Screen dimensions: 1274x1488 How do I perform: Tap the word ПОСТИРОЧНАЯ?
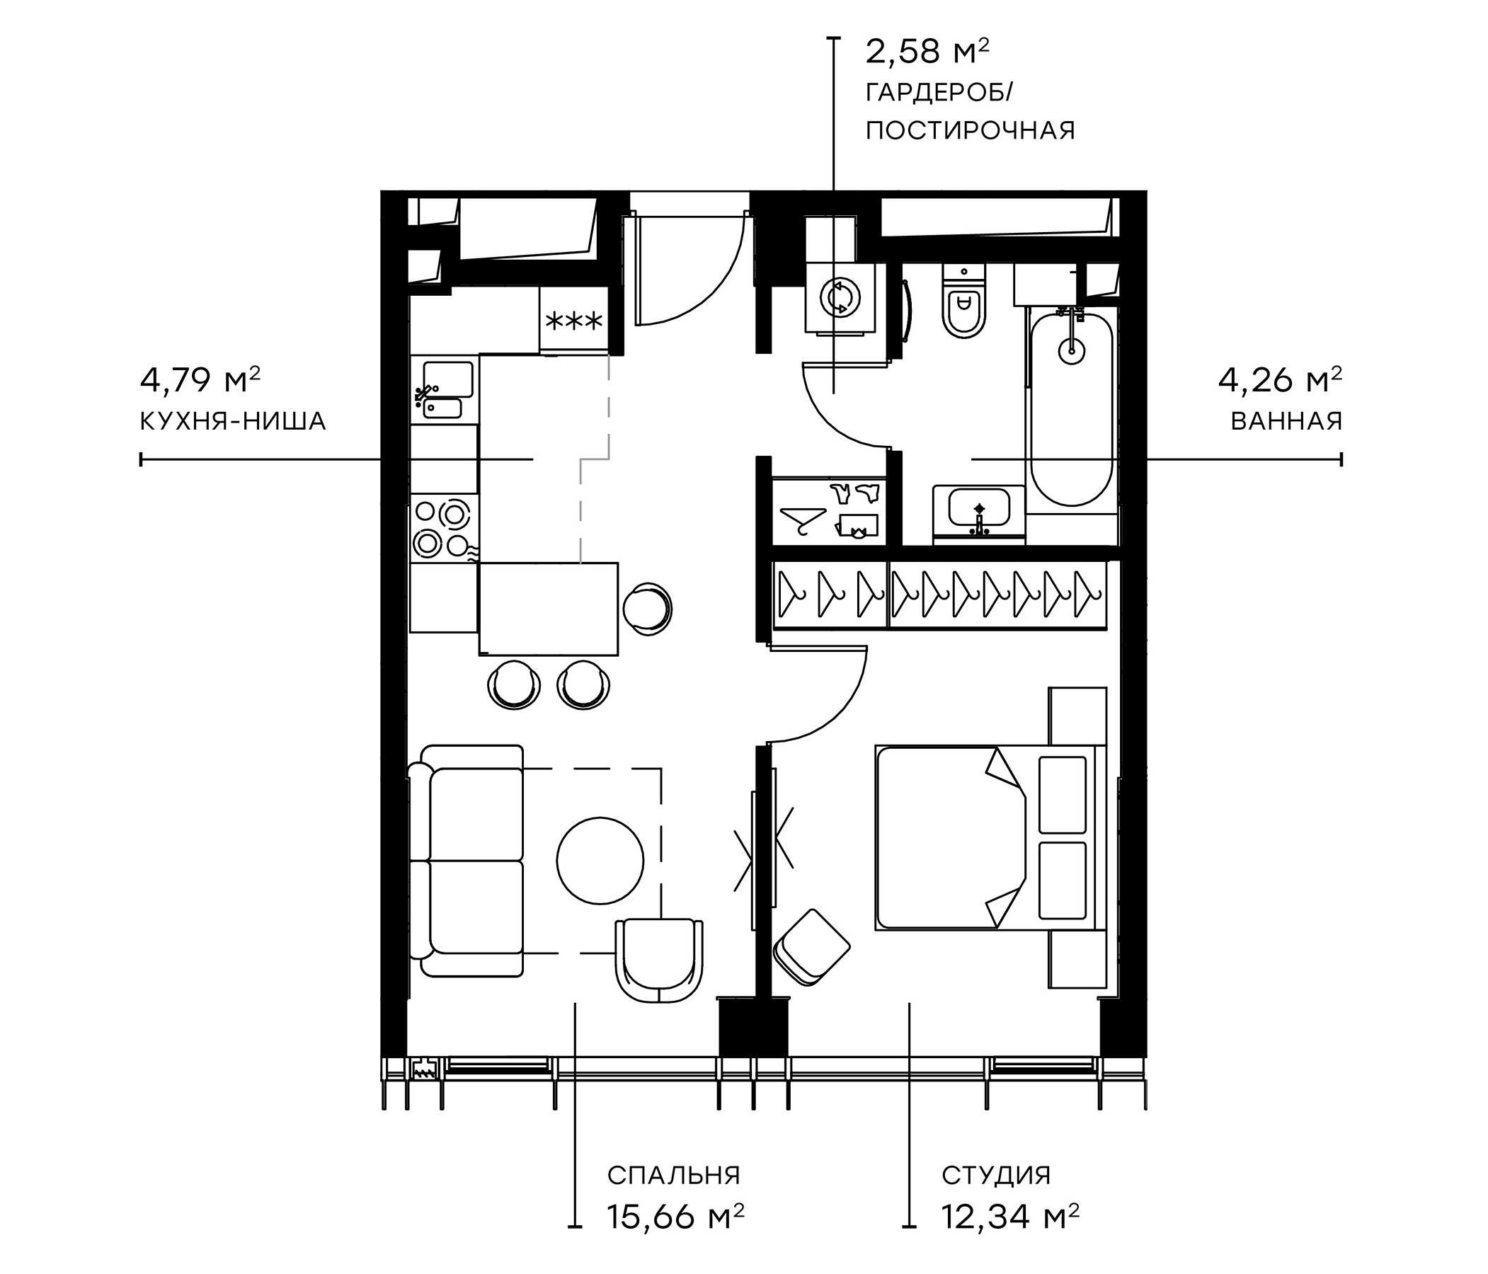click(x=970, y=132)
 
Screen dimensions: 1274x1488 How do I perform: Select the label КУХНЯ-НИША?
click(x=233, y=423)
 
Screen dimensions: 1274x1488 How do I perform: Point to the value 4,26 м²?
click(x=1279, y=380)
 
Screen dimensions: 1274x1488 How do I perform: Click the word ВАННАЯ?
click(x=1286, y=422)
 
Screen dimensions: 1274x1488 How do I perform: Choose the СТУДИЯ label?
click(x=996, y=1176)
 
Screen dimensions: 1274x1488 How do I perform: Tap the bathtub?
click(x=1071, y=406)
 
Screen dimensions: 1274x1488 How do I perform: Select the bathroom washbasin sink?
click(x=979, y=507)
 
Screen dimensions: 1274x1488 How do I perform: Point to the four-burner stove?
click(x=443, y=528)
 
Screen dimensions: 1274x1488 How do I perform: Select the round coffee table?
click(x=600, y=861)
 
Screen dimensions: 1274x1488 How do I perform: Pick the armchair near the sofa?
click(x=659, y=959)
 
